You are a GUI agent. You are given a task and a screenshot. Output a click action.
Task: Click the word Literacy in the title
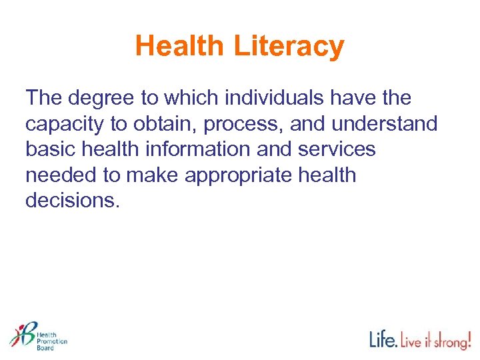tap(289, 47)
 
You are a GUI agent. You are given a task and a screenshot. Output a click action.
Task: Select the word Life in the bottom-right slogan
tap(383, 341)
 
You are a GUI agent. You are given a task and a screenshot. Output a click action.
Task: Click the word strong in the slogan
tap(447, 342)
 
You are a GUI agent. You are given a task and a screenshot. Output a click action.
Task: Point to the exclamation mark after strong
tap(469, 339)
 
